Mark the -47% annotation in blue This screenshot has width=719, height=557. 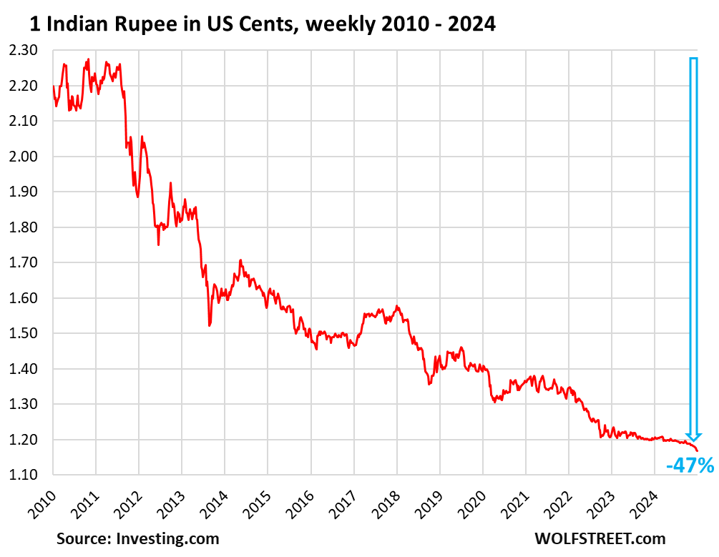click(690, 466)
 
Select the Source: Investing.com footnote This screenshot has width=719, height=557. click(138, 538)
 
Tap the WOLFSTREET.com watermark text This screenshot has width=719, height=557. click(600, 538)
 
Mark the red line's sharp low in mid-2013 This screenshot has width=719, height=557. click(209, 325)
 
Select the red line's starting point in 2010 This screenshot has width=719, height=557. click(53, 87)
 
